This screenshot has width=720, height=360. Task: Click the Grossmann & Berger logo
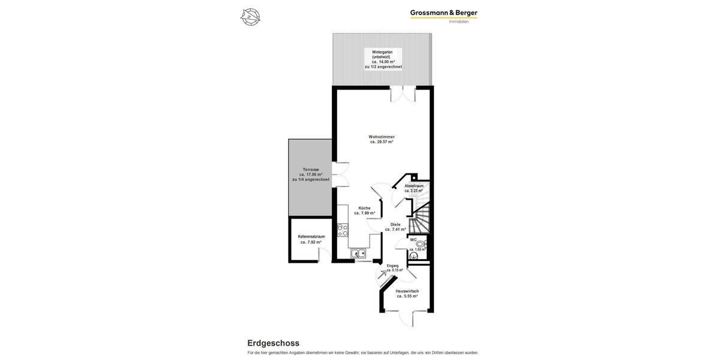pyautogui.click(x=443, y=13)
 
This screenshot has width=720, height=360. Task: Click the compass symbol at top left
pyautogui.click(x=250, y=17)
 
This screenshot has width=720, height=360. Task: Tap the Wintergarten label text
pyautogui.click(x=382, y=52)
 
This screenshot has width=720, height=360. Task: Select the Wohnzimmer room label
pyautogui.click(x=382, y=137)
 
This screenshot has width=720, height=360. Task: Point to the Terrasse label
pyautogui.click(x=311, y=170)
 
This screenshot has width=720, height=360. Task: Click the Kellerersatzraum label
pyautogui.click(x=311, y=236)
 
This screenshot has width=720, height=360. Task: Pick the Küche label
pyautogui.click(x=364, y=208)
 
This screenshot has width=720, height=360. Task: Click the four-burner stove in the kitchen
pyautogui.click(x=343, y=230)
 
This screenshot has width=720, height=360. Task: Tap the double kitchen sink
pyautogui.click(x=359, y=254)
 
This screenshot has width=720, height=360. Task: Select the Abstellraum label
pyautogui.click(x=414, y=186)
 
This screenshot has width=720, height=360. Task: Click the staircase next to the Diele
pyautogui.click(x=420, y=219)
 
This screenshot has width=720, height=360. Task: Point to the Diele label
pyautogui.click(x=395, y=224)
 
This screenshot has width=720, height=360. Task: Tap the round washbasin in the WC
pyautogui.click(x=420, y=244)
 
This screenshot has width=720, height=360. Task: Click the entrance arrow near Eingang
pyautogui.click(x=382, y=275)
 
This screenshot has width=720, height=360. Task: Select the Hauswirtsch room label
pyautogui.click(x=407, y=291)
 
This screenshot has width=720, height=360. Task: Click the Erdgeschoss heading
pyautogui.click(x=273, y=343)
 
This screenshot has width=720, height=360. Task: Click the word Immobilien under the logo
pyautogui.click(x=458, y=22)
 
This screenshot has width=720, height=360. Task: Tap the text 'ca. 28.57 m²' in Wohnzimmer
pyautogui.click(x=382, y=142)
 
